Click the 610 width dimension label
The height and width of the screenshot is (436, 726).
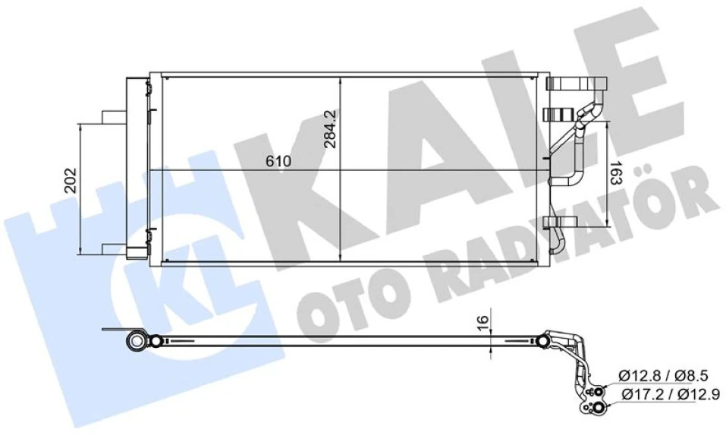278,162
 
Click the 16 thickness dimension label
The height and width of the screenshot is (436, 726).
481,324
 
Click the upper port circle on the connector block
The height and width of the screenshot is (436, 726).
599,392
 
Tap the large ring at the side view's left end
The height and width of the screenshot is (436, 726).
138,341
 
